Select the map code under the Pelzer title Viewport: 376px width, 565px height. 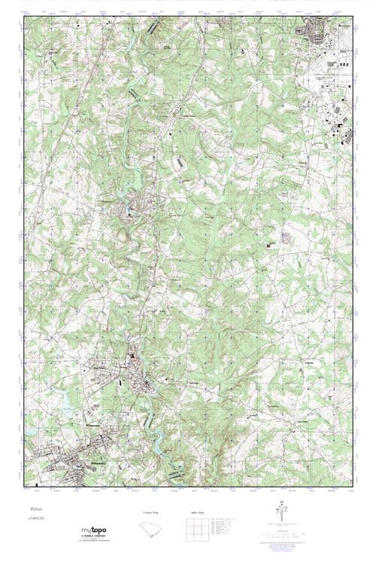29,520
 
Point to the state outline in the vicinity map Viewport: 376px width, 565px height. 150,532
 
